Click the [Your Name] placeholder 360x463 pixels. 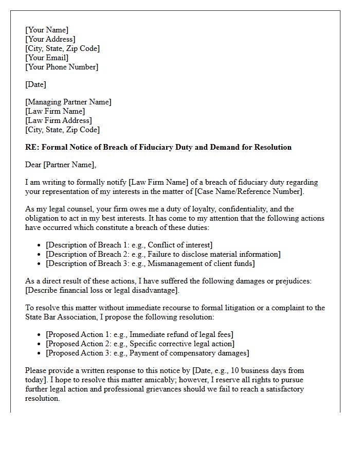click(47, 30)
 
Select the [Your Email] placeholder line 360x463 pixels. click(47, 58)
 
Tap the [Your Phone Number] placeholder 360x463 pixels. click(62, 67)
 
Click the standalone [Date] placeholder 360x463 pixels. click(35, 84)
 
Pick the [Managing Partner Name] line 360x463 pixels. click(68, 102)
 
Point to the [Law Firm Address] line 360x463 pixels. click(59, 120)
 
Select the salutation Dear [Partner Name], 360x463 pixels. click(61, 165)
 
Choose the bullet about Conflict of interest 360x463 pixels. click(129, 245)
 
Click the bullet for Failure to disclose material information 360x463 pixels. click(163, 254)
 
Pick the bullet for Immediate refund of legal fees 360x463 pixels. click(139, 334)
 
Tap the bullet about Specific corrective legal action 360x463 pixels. click(140, 344)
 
